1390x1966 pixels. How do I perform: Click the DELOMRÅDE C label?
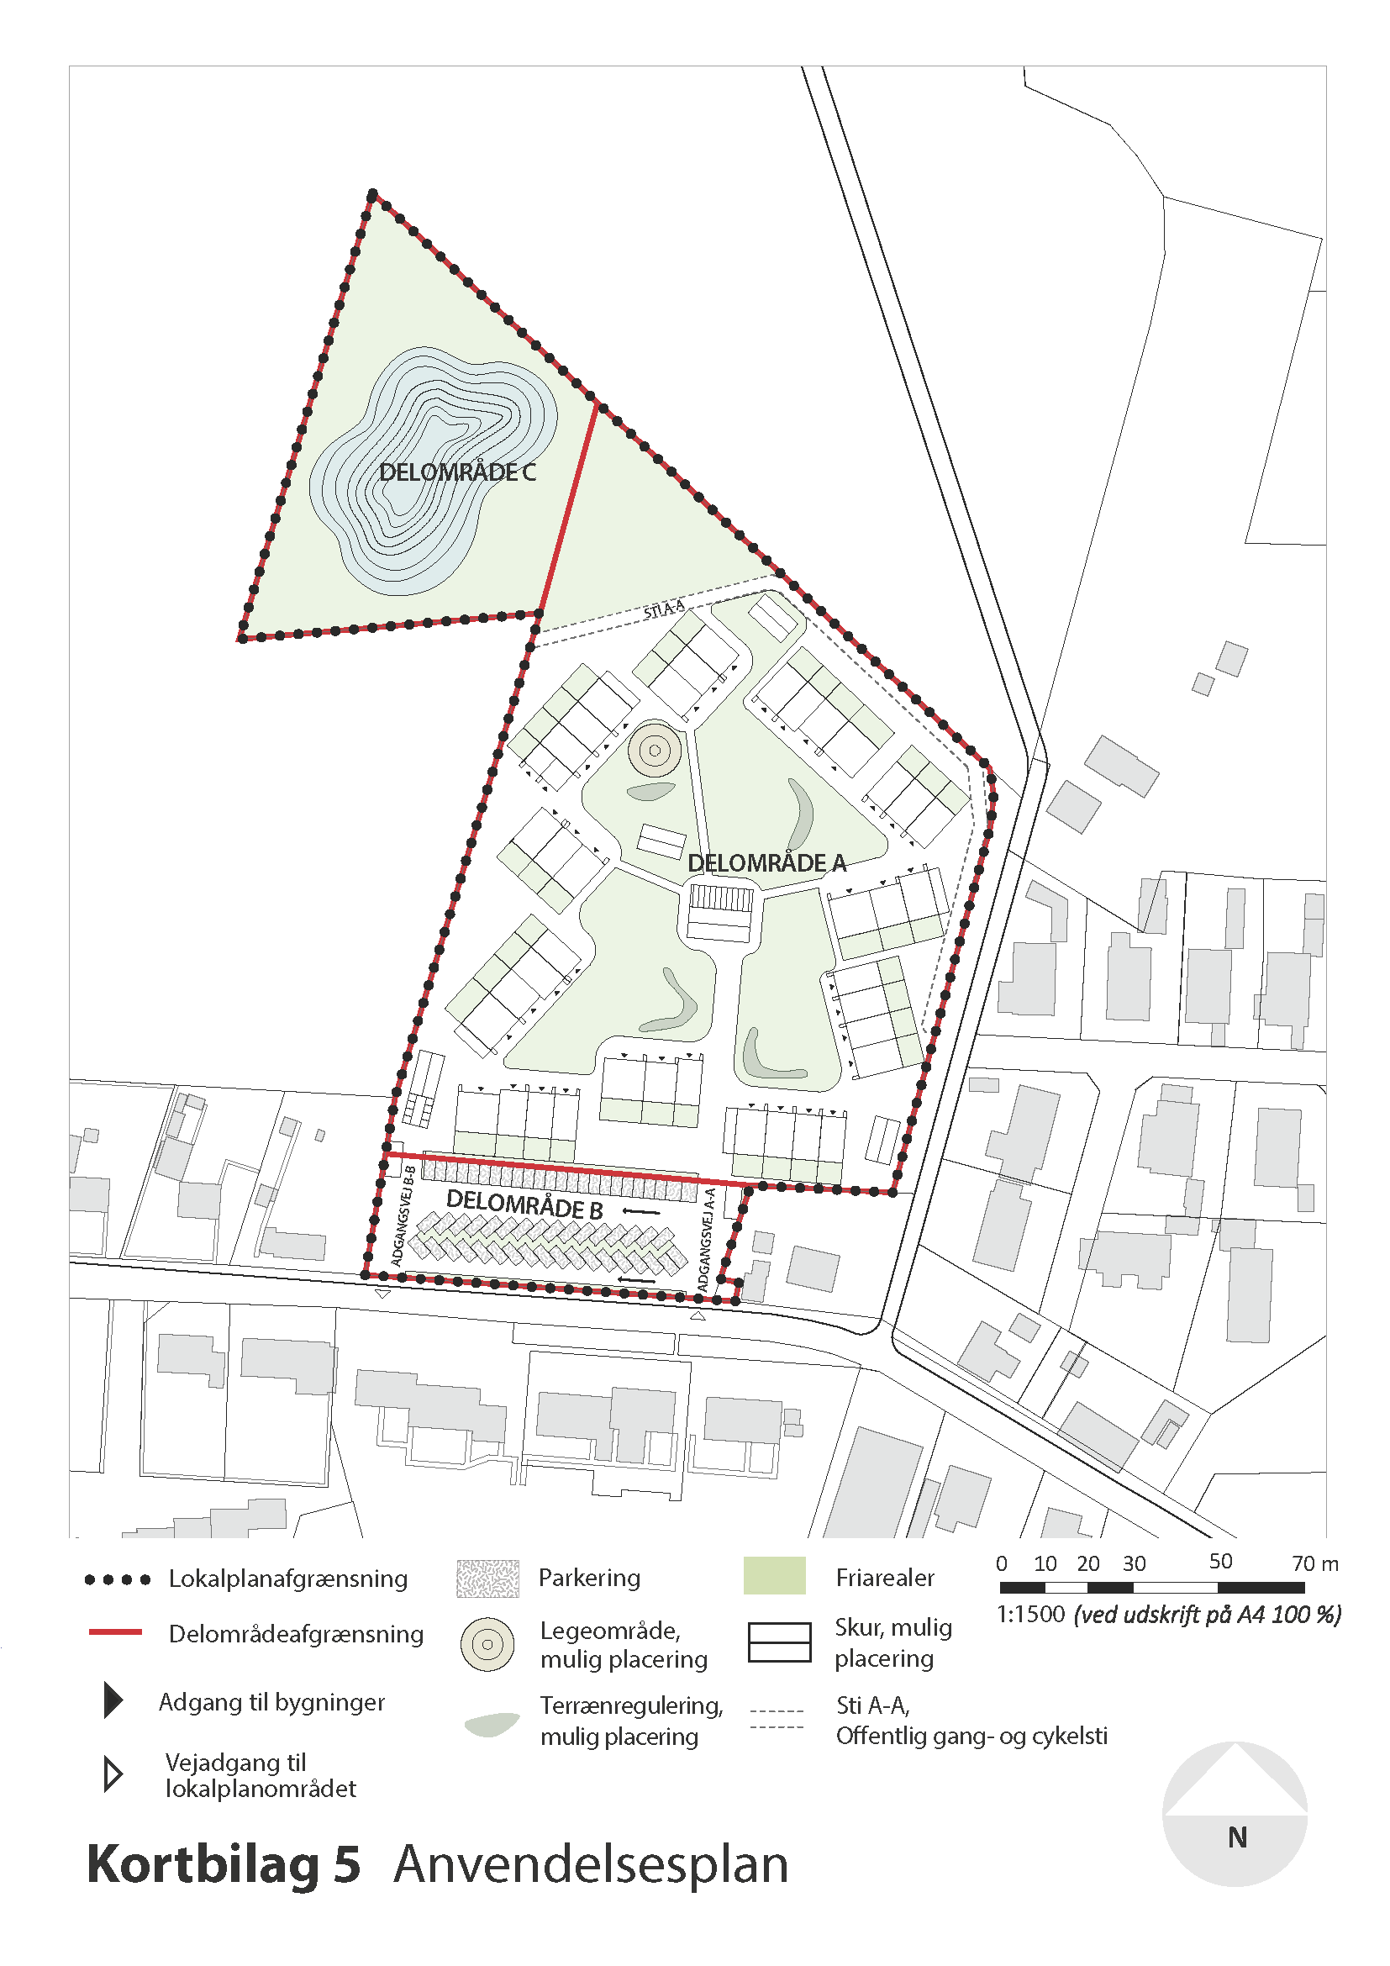[x=457, y=472]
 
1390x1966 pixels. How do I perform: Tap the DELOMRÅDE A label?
[x=767, y=863]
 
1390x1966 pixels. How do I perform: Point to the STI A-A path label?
[x=664, y=609]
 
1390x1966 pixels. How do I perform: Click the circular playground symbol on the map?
[x=655, y=751]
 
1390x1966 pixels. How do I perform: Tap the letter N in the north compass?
[x=1237, y=1837]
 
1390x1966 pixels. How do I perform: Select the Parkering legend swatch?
[x=488, y=1579]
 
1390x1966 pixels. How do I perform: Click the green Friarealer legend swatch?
[x=775, y=1576]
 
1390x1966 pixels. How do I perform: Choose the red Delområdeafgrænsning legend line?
[x=114, y=1632]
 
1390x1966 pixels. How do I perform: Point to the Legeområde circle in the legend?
[x=487, y=1644]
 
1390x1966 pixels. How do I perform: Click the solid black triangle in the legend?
[x=112, y=1700]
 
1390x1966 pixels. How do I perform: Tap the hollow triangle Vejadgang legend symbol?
[x=112, y=1774]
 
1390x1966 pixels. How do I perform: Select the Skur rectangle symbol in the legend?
[x=779, y=1642]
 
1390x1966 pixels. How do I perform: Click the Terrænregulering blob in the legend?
[x=492, y=1723]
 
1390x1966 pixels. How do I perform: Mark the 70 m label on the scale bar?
[x=1314, y=1563]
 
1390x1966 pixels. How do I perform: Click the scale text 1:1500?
[x=1030, y=1615]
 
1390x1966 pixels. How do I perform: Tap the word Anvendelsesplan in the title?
[x=591, y=1864]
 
